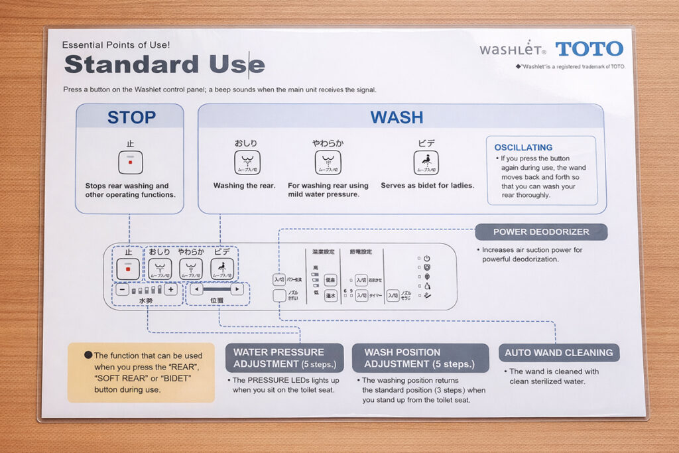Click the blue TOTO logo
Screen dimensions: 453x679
[x=589, y=49]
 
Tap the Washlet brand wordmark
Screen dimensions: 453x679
[x=513, y=50]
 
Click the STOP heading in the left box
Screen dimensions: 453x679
[x=131, y=117]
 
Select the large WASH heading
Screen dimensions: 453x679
[x=397, y=117]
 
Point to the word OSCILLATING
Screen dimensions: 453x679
[x=523, y=147]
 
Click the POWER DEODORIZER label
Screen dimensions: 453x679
[x=541, y=232]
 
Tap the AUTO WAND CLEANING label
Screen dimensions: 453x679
[x=559, y=353]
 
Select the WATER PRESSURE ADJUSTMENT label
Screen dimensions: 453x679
[x=284, y=358]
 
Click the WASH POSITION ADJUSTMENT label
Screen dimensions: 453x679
[x=419, y=358]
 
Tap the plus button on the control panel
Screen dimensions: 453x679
[x=170, y=289]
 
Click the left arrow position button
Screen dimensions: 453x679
[x=196, y=289]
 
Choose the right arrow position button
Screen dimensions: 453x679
[x=237, y=289]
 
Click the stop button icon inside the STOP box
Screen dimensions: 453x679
[x=130, y=162]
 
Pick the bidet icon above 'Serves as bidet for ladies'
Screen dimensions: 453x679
[x=426, y=162]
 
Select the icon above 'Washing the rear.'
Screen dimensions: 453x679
[x=247, y=162]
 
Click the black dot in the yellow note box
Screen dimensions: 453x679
[x=88, y=356]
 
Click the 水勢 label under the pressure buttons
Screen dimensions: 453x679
[x=146, y=300]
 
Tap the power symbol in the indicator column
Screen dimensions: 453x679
[x=426, y=258]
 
